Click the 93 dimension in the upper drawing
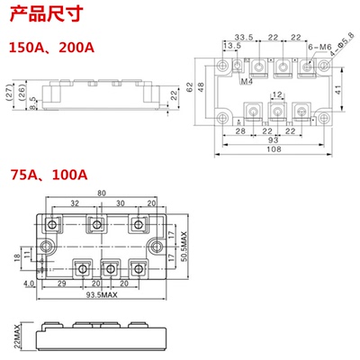point(272,142)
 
